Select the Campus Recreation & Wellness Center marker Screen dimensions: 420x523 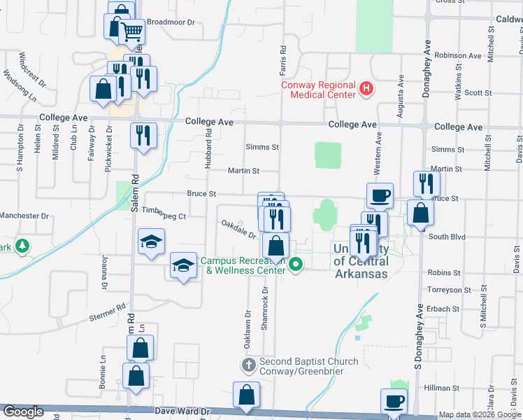pos(296,265)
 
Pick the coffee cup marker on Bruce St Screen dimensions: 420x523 pos(380,196)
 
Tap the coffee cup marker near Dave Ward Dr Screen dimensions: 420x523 pos(394,402)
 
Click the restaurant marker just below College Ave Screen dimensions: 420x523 pos(143,135)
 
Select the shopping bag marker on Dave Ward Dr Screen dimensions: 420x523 pos(247,395)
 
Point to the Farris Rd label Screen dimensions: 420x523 pos(283,57)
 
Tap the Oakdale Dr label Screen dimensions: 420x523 pos(238,229)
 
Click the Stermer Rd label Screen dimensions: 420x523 pos(107,311)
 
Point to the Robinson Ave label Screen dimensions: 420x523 pos(458,55)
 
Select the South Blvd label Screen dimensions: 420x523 pos(447,237)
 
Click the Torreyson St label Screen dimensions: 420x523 pos(450,290)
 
